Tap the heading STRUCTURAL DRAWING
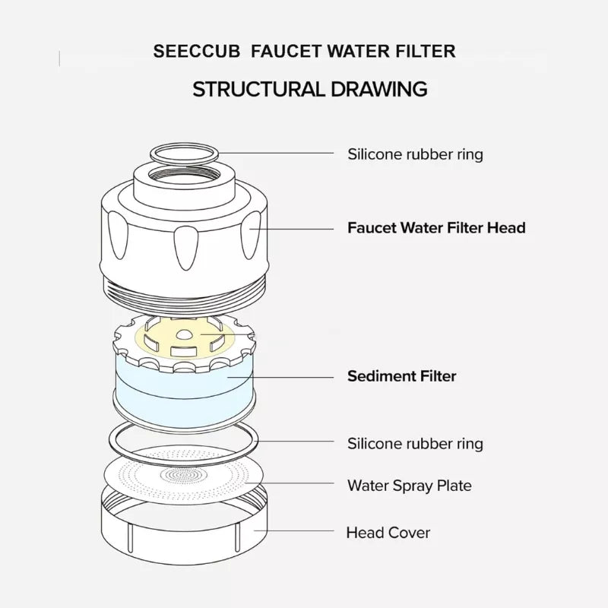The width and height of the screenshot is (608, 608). click(x=309, y=89)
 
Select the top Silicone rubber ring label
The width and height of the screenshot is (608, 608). click(x=415, y=154)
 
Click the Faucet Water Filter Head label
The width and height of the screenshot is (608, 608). click(x=436, y=227)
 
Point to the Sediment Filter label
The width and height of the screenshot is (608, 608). click(x=401, y=375)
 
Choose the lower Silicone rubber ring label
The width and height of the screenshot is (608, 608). click(x=415, y=443)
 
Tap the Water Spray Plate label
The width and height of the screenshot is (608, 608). click(x=409, y=485)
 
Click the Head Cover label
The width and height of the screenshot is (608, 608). click(x=388, y=532)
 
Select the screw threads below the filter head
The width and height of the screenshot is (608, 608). click(x=184, y=291)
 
